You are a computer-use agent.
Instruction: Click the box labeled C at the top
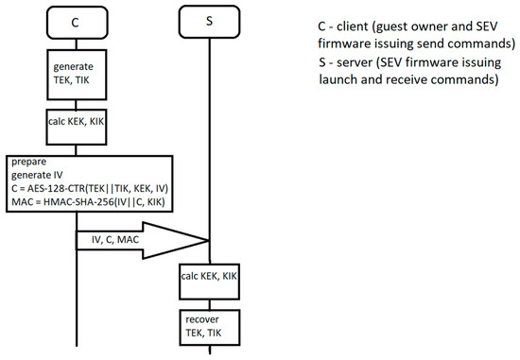pos(75,21)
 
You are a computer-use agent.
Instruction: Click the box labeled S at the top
pos(209,21)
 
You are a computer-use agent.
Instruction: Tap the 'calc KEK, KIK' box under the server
pos(209,277)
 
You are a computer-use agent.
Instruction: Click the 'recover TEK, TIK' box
pos(209,325)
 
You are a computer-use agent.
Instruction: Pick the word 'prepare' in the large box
pos(31,162)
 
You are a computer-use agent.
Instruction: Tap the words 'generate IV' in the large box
pos(41,175)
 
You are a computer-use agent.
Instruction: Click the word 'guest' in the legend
pos(401,27)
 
